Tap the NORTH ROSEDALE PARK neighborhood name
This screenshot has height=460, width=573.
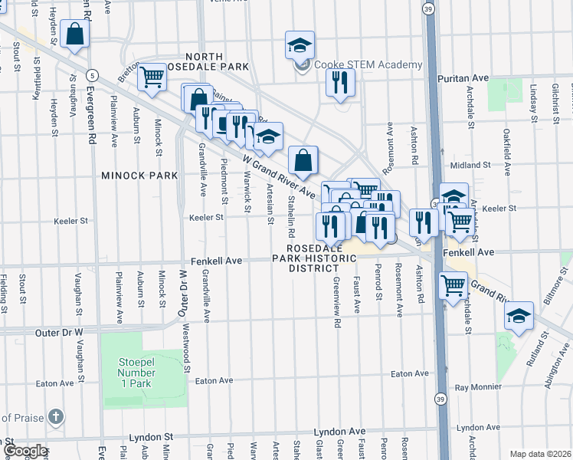182,62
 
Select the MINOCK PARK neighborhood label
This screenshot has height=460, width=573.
139,176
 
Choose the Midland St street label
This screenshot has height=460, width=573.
470,165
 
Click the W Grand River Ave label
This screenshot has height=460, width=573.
280,176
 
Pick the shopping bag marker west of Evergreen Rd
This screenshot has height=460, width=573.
75,34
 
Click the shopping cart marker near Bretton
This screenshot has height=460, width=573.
152,77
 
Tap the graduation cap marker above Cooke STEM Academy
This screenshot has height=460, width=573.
300,46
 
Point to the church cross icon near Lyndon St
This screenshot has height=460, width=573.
55,417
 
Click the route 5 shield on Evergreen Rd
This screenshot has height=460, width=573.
91,74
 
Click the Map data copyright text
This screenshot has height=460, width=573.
539,454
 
